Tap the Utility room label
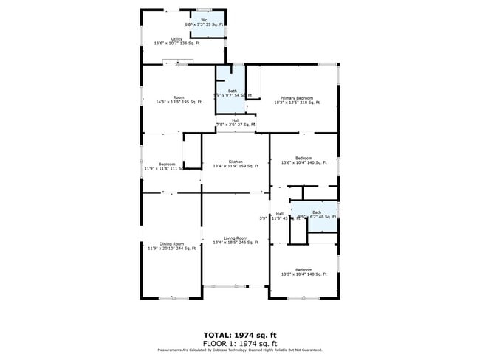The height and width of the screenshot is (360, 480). click(x=177, y=38)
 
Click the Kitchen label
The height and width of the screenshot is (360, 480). click(x=236, y=162)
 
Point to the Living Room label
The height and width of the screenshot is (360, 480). click(x=236, y=238)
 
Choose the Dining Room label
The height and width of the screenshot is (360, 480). click(x=171, y=244)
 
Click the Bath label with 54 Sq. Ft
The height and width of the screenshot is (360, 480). click(x=233, y=91)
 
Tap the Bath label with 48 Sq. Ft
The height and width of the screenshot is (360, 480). click(x=317, y=212)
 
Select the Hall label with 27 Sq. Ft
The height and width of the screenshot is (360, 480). click(x=236, y=120)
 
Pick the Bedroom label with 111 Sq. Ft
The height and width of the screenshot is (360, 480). click(x=167, y=164)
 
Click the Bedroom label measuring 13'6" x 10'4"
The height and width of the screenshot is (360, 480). click(x=304, y=158)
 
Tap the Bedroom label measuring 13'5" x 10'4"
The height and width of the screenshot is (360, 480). click(x=304, y=270)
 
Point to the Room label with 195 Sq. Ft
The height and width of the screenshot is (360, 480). click(x=178, y=97)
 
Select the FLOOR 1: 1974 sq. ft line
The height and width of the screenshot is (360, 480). click(x=241, y=343)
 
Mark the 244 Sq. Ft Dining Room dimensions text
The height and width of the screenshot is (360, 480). click(x=171, y=249)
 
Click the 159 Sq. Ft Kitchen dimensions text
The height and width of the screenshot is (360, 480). click(x=236, y=166)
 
